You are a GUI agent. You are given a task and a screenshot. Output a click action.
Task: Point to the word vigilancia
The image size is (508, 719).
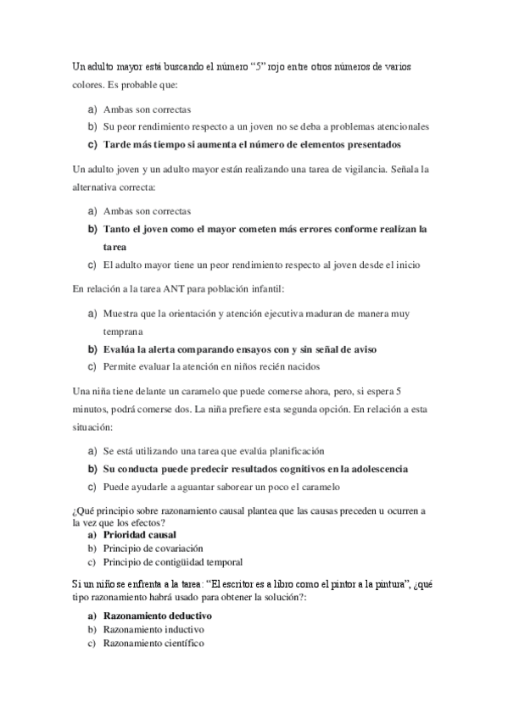pyautogui.click(x=354, y=169)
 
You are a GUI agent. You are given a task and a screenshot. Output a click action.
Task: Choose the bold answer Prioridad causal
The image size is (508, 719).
pyautogui.click(x=140, y=536)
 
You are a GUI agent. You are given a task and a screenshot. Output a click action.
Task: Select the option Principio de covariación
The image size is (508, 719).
pyautogui.click(x=153, y=549)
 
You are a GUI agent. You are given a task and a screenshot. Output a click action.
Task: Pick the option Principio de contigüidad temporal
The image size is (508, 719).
pyautogui.click(x=173, y=561)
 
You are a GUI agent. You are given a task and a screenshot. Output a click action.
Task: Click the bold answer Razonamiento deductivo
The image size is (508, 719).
pyautogui.click(x=157, y=616)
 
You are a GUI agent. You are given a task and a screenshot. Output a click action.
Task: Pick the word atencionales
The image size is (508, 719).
pyautogui.click(x=398, y=126)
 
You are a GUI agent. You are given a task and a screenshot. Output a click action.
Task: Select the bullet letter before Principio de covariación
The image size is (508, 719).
pyautogui.click(x=90, y=549)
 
